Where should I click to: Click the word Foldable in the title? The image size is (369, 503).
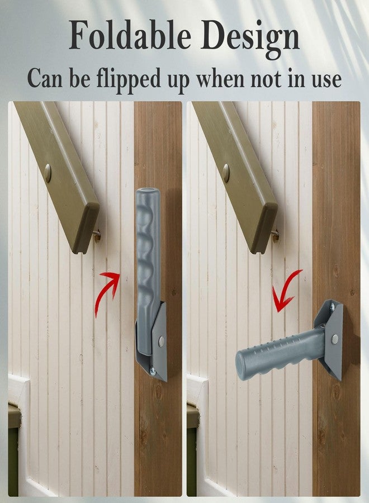[x=130, y=35]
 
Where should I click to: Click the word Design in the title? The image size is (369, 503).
[x=250, y=39]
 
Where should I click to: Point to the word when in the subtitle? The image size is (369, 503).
[x=220, y=79]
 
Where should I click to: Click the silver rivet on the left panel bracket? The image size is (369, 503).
[x=162, y=341]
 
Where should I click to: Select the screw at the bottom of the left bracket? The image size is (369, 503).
[x=153, y=371]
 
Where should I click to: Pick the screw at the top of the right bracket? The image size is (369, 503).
[x=332, y=307]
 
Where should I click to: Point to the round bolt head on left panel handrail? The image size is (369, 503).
[x=48, y=173]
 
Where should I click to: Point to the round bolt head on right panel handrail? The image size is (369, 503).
[x=226, y=173]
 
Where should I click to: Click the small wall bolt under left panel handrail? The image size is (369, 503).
[x=97, y=235]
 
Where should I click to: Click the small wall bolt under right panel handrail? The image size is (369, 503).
[x=275, y=235]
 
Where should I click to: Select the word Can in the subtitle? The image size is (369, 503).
[x=45, y=79]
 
